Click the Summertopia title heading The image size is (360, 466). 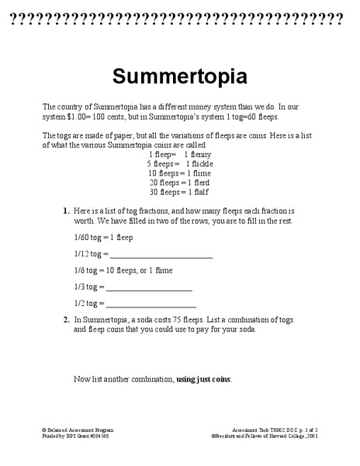click(180, 77)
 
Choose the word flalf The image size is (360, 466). click(199, 192)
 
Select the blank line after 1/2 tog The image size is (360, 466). click(151, 304)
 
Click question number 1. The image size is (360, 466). click(66, 210)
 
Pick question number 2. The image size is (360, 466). click(66, 319)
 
